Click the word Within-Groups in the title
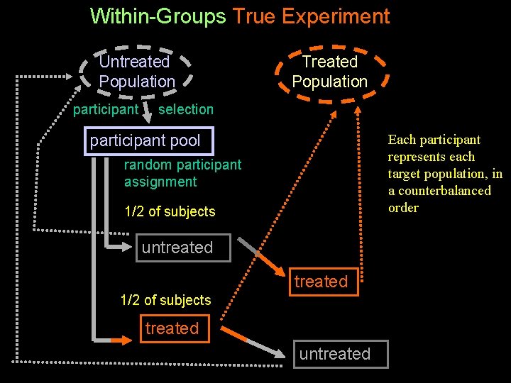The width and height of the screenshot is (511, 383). click(x=158, y=16)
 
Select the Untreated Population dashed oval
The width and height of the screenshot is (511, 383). click(x=136, y=72)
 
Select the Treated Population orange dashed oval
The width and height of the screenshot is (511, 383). click(x=330, y=72)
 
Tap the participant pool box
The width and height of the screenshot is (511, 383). click(x=145, y=140)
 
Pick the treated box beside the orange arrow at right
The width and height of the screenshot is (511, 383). click(x=321, y=282)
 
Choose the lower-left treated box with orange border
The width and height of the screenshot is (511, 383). click(x=172, y=328)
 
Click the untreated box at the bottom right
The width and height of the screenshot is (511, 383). click(x=335, y=354)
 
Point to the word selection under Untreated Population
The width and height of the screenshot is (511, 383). click(x=186, y=109)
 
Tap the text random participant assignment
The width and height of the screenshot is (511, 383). click(x=182, y=173)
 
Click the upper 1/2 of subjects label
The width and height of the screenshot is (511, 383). click(x=170, y=211)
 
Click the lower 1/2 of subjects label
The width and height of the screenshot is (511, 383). click(x=166, y=300)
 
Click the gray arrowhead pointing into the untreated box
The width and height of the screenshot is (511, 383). click(x=116, y=247)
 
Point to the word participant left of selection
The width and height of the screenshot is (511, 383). click(x=106, y=109)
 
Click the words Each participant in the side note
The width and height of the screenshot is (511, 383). click(x=434, y=140)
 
